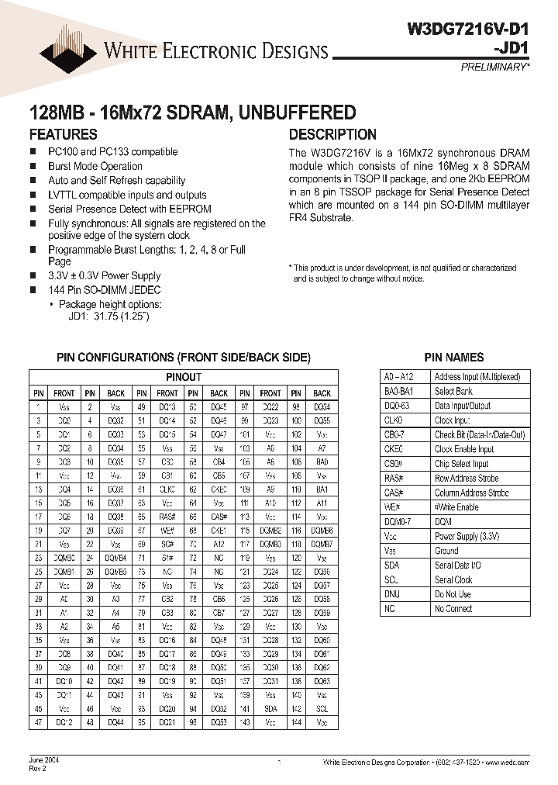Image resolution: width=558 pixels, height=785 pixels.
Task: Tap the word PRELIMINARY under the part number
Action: (x=494, y=67)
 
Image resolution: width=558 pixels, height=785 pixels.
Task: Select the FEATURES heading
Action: (x=64, y=134)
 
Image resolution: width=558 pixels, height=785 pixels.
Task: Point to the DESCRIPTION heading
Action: (x=332, y=134)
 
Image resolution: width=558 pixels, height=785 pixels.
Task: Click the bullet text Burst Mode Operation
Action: (x=95, y=166)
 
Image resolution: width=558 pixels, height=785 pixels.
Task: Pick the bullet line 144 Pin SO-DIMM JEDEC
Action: (x=105, y=289)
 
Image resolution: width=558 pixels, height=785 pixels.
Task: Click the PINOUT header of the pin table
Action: (x=184, y=377)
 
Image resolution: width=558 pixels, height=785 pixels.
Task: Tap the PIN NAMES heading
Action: (x=454, y=358)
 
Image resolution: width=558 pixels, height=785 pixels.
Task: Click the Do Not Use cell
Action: (x=453, y=594)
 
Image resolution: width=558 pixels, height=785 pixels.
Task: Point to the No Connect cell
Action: (x=453, y=609)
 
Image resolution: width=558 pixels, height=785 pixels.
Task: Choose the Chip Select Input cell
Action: (x=461, y=464)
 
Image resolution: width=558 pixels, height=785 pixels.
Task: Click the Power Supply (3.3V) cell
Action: (x=467, y=536)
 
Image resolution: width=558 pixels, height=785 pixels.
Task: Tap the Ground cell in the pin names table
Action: (x=446, y=551)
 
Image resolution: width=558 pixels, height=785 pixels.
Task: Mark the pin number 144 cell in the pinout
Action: (x=296, y=722)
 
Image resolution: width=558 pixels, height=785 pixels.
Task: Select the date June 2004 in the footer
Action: (x=43, y=761)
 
